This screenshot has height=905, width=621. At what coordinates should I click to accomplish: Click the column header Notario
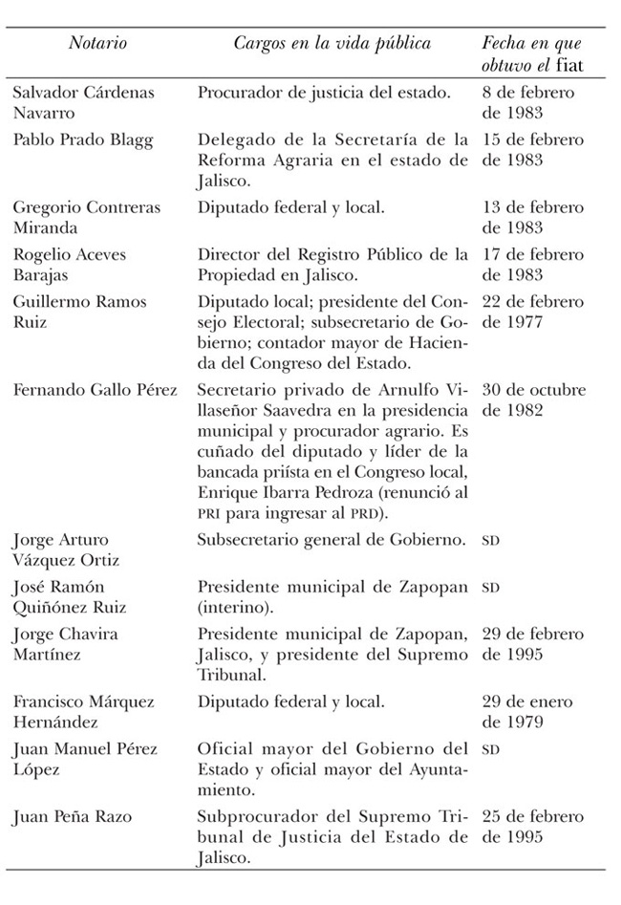coord(97,44)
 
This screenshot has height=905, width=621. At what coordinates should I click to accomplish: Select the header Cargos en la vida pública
coord(332,44)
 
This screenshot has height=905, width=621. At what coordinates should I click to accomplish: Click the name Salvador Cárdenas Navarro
coord(83,102)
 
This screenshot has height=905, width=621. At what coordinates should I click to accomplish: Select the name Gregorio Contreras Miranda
coord(86,217)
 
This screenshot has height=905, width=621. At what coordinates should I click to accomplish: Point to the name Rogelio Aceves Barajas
coord(69,264)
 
